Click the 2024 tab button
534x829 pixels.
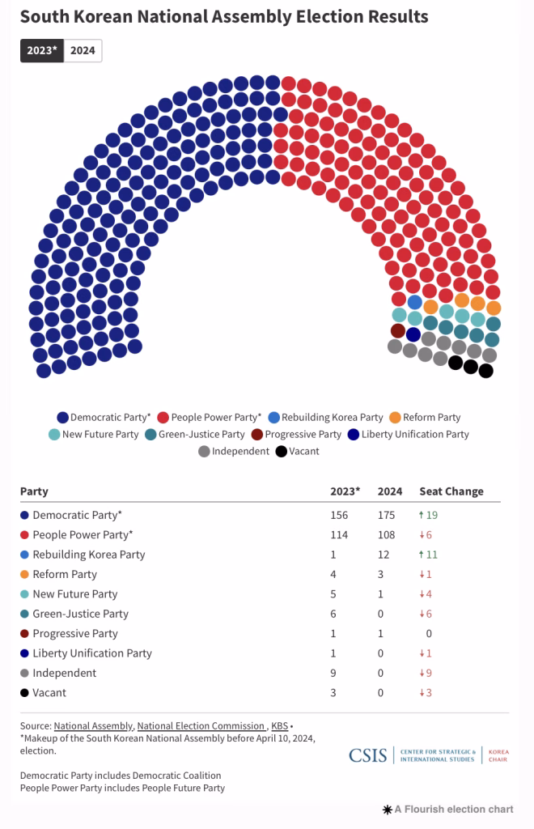point(83,50)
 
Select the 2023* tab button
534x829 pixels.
point(42,50)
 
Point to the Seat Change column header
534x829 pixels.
point(451,491)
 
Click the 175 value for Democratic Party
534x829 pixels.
point(388,515)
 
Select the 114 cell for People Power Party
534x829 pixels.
point(339,535)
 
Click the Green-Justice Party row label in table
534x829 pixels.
point(80,614)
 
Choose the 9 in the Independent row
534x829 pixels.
point(333,673)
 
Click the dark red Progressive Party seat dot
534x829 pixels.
point(397,330)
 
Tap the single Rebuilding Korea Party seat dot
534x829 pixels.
point(414,302)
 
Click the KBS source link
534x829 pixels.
point(279,726)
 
